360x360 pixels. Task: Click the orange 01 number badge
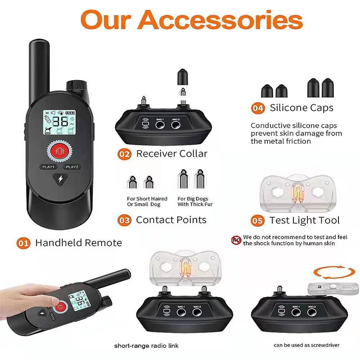pyautogui.click(x=23, y=243)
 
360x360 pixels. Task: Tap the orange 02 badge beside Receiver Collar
pyautogui.click(x=125, y=154)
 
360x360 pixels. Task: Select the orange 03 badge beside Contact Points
pyautogui.click(x=125, y=220)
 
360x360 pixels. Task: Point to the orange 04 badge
pyautogui.click(x=258, y=108)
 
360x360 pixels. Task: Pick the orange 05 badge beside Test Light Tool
pyautogui.click(x=257, y=220)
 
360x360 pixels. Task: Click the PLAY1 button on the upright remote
pyautogui.click(x=49, y=166)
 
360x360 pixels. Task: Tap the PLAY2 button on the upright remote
pyautogui.click(x=72, y=166)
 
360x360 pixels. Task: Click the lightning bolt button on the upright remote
pyautogui.click(x=60, y=179)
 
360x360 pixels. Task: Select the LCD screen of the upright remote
pyautogui.click(x=59, y=122)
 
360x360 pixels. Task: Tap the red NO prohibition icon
pyautogui.click(x=236, y=240)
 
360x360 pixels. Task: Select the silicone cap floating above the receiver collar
pyautogui.click(x=183, y=76)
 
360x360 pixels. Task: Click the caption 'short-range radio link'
pyautogui.click(x=147, y=346)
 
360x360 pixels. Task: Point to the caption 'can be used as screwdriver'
pyautogui.click(x=306, y=345)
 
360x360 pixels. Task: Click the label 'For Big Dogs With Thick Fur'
pyautogui.click(x=195, y=201)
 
